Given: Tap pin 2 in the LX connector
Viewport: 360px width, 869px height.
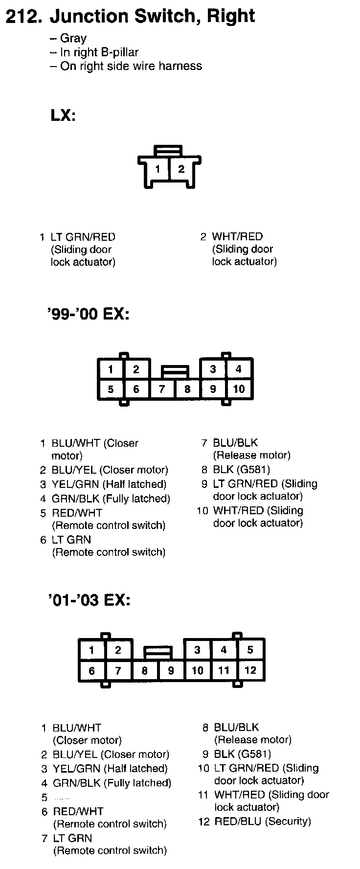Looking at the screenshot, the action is (181, 169).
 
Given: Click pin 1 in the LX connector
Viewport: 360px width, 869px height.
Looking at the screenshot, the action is (157, 169).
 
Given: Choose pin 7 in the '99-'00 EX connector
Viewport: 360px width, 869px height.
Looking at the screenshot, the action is (162, 389).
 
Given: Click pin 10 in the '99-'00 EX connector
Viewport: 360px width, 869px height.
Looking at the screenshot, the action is (239, 389).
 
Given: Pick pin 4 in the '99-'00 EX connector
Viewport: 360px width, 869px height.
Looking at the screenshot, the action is (239, 369).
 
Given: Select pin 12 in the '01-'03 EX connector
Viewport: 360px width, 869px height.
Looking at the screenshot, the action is (250, 670).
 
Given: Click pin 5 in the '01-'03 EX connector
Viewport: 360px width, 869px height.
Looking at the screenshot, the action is (250, 650).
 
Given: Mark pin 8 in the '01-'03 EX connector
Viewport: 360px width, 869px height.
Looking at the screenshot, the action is (144, 670).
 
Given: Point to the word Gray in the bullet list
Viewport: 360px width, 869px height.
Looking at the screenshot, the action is (73, 38).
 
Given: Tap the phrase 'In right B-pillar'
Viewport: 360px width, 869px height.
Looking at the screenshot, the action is (99, 52).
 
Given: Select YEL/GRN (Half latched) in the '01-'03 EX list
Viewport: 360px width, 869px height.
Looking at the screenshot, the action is (110, 769).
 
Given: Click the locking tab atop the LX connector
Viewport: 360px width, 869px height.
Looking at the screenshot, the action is (168, 148).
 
